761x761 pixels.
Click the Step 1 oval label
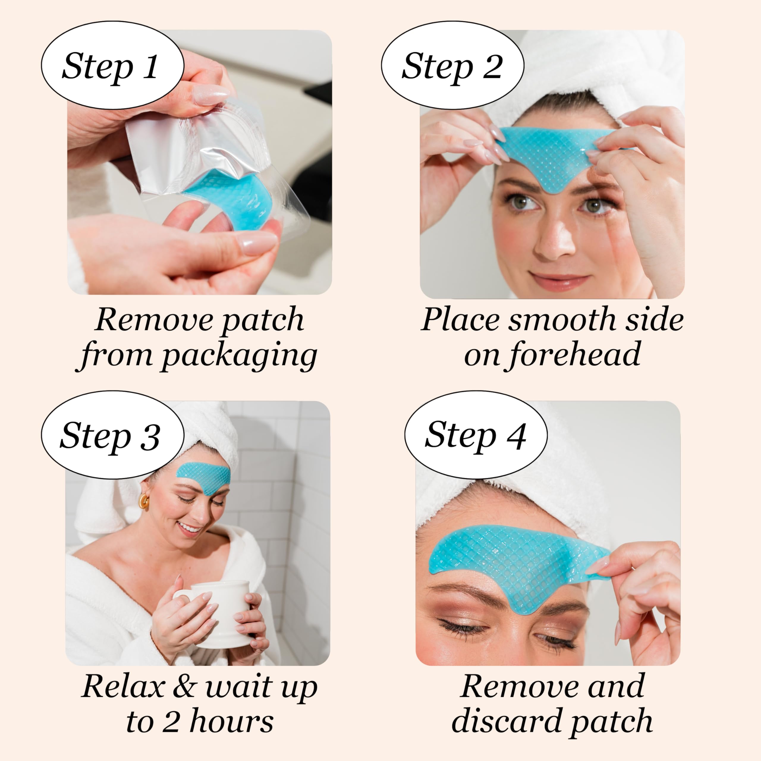[112, 65]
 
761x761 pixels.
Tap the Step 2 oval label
[452, 65]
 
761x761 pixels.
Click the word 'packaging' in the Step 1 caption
[239, 356]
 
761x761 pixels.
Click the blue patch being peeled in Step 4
[512, 559]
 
